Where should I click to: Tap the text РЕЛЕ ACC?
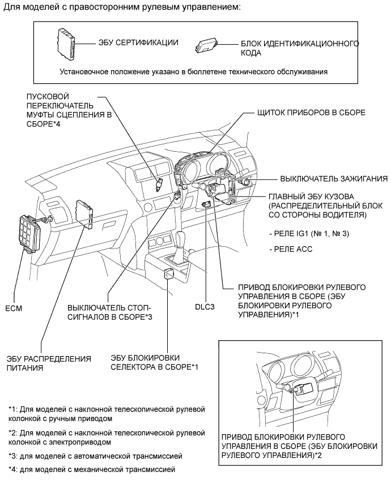tap(294, 249)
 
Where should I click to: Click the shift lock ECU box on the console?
tap(169, 274)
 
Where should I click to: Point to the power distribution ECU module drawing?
tap(86, 212)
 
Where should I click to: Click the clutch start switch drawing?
tap(160, 184)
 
